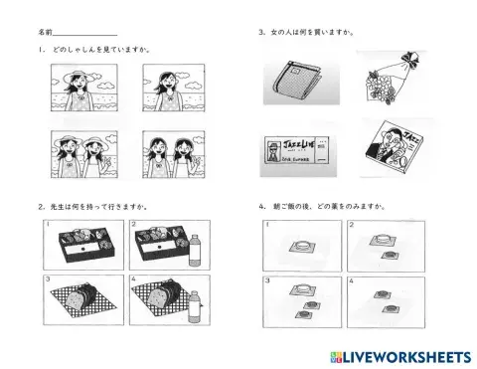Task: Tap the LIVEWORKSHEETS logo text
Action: [406, 355]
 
